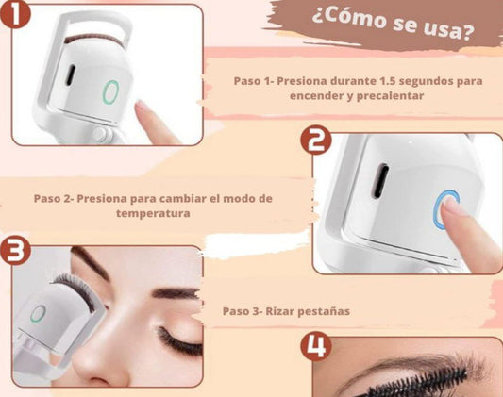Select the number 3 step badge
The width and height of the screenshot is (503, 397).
(15, 250)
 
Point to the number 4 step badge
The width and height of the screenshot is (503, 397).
(316, 346)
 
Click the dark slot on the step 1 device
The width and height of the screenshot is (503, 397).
(71, 75)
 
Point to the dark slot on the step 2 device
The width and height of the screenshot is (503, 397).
(379, 181)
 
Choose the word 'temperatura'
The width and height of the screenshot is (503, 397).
(153, 213)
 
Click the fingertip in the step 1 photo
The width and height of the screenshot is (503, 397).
(142, 107)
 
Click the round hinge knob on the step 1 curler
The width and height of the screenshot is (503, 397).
(99, 134)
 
